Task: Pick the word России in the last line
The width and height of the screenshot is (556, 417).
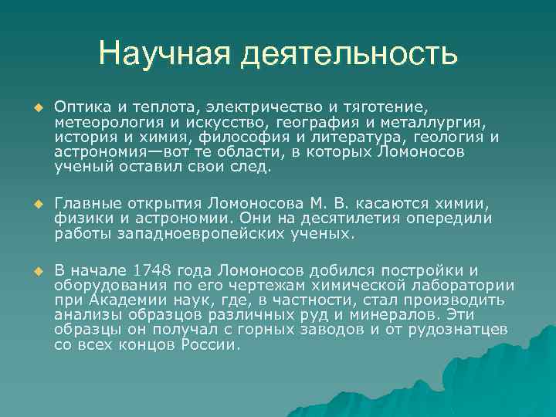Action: click(209, 344)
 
